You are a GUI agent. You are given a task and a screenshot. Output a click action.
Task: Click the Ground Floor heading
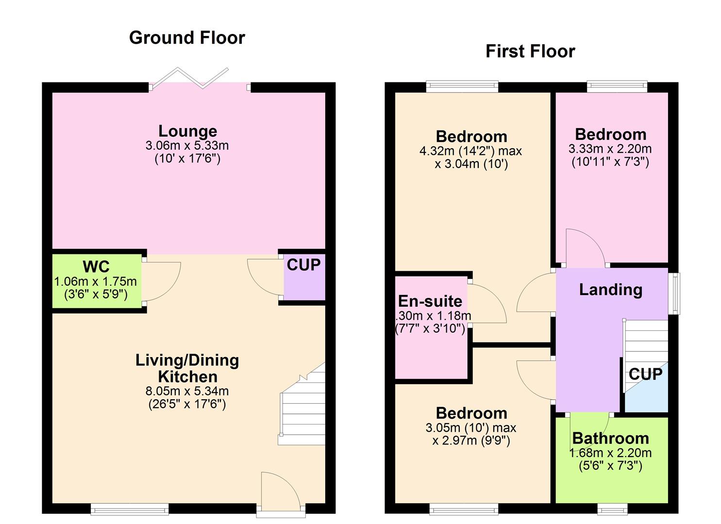(x=187, y=38)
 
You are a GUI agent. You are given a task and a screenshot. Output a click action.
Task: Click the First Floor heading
(x=530, y=51)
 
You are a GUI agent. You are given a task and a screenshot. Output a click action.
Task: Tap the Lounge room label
(x=187, y=131)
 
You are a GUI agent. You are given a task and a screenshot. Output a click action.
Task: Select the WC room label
(x=96, y=267)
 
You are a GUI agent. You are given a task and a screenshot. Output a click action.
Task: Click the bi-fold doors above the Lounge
(x=199, y=80)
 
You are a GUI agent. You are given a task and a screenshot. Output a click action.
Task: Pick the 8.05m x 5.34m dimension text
(x=187, y=391)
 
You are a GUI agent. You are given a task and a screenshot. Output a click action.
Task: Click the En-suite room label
(x=430, y=301)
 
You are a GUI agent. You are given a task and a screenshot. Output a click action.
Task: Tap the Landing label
(x=611, y=290)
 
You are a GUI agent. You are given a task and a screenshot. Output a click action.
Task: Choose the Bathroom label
(x=611, y=439)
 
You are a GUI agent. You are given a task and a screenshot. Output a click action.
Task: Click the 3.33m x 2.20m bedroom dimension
(x=610, y=149)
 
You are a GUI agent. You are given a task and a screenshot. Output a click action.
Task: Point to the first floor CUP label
(x=645, y=374)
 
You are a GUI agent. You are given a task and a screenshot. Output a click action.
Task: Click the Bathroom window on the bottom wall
(x=612, y=509)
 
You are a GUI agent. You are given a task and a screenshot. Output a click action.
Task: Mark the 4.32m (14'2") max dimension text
(x=470, y=151)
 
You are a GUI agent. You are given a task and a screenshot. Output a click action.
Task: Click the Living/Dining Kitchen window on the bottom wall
(x=130, y=509)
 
